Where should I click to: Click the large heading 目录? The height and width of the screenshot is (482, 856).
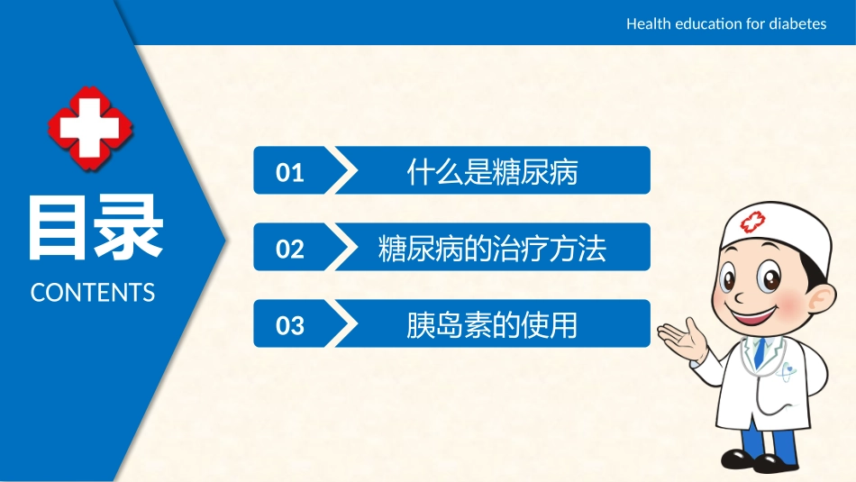click(x=95, y=227)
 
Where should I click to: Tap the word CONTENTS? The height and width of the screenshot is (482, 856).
click(x=93, y=293)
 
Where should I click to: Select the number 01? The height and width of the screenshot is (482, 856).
click(x=289, y=172)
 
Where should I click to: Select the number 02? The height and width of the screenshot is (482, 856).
click(x=289, y=249)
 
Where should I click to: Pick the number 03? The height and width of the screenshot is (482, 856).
click(x=289, y=325)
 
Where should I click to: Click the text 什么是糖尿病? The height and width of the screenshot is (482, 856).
click(x=492, y=171)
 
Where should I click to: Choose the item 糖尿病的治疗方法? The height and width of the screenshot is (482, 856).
click(x=492, y=248)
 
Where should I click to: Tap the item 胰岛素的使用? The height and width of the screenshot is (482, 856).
click(x=492, y=324)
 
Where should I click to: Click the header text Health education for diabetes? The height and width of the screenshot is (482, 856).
click(x=725, y=23)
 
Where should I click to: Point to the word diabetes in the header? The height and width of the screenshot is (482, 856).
click(x=798, y=23)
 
